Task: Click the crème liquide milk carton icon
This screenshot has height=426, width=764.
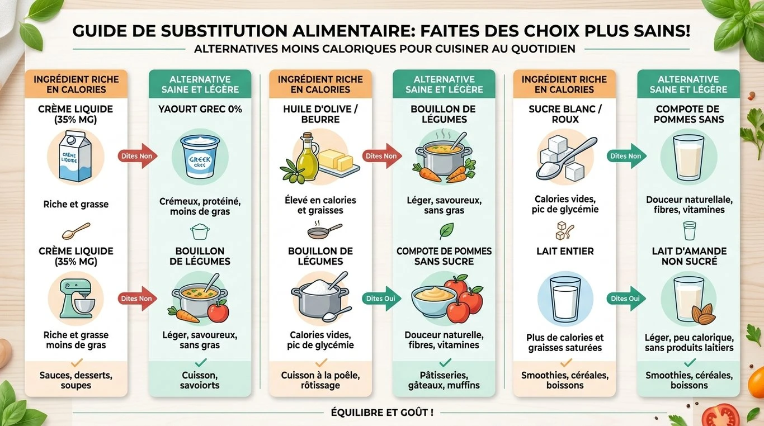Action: pos(76,156)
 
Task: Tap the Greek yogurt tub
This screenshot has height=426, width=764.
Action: pos(200,156)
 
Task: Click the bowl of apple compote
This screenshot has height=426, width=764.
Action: pos(431,301)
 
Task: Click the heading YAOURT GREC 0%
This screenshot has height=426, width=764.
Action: pos(200,109)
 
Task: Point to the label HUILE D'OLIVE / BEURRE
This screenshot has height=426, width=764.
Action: pos(320,114)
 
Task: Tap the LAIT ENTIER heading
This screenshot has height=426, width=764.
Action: pos(565,252)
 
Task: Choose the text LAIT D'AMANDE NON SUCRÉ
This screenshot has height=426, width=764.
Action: pos(689,256)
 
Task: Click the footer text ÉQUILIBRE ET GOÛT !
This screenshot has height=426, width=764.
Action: pos(382,413)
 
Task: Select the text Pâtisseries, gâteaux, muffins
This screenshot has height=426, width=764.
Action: pos(444,380)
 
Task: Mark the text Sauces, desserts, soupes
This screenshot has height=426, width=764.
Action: pos(76,380)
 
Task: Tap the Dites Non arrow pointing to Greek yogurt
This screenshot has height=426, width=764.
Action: pos(137,156)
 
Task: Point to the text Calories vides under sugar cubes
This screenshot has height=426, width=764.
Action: pos(565,199)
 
